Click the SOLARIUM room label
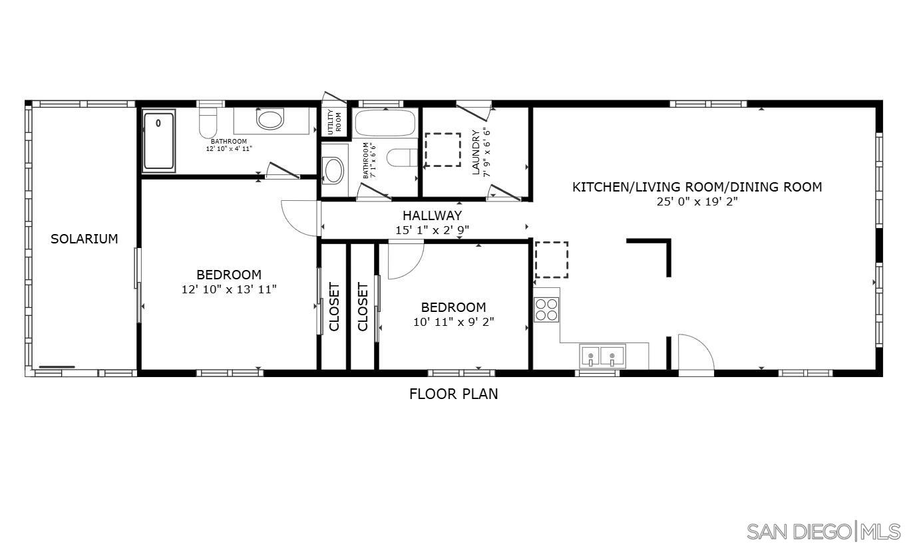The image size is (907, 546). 85,239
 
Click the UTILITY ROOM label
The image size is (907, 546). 334,121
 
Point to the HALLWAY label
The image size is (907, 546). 432,215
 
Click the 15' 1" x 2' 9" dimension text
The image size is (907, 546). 432,230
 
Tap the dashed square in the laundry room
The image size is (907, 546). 443,150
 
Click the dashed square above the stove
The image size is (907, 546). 551,259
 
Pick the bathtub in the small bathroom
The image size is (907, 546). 385,123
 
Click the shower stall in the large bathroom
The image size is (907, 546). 159,140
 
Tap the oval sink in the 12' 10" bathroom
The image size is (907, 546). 270,120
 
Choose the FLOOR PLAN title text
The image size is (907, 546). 453,394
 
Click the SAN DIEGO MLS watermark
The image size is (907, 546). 823,531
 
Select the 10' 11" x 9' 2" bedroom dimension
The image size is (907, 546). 453,322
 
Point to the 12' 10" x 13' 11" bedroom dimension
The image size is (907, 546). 228,289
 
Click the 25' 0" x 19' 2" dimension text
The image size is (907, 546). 697,202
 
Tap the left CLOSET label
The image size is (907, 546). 334,307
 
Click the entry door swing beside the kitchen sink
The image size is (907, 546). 695,352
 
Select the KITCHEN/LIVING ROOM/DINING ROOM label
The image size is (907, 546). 697,187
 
